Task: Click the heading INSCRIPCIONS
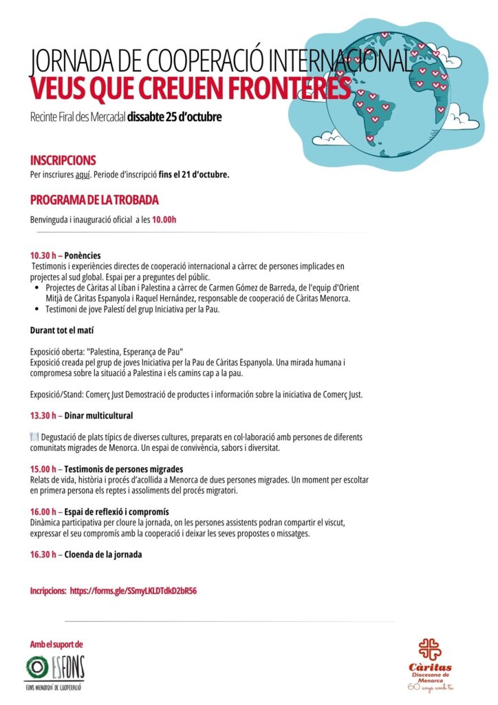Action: pos(63,160)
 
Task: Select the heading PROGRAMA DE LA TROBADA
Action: pos(94,200)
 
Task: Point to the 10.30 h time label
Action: pos(46,255)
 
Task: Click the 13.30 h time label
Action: pos(46,416)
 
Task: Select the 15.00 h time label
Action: pos(46,469)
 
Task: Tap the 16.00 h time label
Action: pos(46,512)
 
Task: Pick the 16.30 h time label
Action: pos(46,554)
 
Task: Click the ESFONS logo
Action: pos(55,669)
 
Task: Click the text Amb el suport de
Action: pos(56,645)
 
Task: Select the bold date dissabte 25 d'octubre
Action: pos(174,117)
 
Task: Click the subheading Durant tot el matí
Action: pos(61,330)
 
